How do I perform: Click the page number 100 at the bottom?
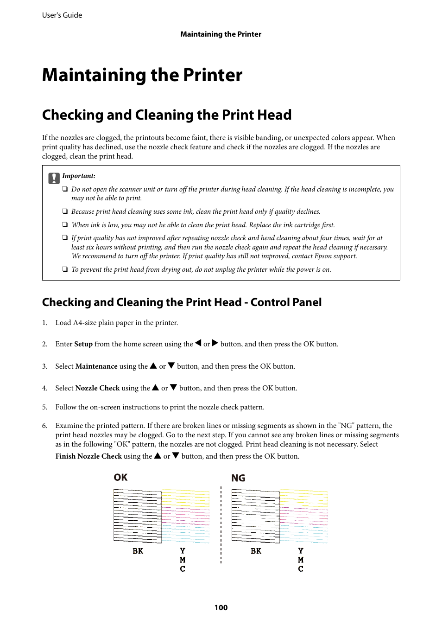click(x=221, y=607)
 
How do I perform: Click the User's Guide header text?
click(x=62, y=15)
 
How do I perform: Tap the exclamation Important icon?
click(x=54, y=178)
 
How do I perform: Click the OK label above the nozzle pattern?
click(x=120, y=478)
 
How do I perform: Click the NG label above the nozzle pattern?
click(x=238, y=478)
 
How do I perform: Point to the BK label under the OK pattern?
click(x=138, y=551)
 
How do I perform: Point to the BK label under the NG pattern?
click(x=256, y=551)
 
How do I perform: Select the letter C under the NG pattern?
click(x=301, y=569)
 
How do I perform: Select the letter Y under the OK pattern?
click(x=183, y=551)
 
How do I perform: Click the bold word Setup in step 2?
click(x=83, y=344)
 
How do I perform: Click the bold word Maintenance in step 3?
click(x=96, y=366)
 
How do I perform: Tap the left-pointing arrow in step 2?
click(x=198, y=343)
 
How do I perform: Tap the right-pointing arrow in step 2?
click(x=215, y=343)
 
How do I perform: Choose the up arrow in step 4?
click(x=156, y=387)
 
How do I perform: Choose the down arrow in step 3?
click(x=171, y=365)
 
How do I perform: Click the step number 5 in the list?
click(x=44, y=407)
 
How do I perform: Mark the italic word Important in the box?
click(x=79, y=176)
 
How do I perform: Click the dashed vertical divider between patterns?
click(x=221, y=524)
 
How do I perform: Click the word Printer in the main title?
click(x=213, y=75)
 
